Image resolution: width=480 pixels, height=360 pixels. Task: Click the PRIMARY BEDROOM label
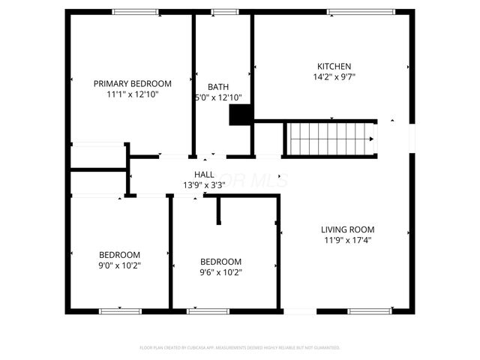point(132,83)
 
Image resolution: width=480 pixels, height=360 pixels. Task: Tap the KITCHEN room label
point(334,66)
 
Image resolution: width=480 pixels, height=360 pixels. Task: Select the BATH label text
point(218,87)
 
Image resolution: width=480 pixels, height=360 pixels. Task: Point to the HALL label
point(205,174)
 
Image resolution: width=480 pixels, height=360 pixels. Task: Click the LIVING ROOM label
point(347,229)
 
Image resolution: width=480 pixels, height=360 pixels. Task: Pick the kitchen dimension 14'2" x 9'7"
point(334,76)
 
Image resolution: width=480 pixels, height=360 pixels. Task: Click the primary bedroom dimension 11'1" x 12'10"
point(132,94)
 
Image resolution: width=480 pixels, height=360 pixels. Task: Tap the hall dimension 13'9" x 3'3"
point(205,184)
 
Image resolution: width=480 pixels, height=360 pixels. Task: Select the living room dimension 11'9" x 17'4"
point(347,240)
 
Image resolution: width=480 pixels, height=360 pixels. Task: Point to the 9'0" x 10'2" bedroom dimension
point(120,265)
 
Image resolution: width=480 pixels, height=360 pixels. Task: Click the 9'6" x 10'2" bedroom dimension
point(220,272)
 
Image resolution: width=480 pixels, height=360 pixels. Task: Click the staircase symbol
point(331,138)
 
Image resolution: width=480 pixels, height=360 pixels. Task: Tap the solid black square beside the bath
point(239,114)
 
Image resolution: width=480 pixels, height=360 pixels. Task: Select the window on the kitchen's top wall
point(361,11)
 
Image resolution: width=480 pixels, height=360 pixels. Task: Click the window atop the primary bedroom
point(135,11)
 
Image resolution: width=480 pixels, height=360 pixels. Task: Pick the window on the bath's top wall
point(223,11)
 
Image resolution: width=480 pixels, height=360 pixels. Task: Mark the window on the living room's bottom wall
point(369,310)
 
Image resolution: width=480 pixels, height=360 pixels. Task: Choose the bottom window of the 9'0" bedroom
point(120,310)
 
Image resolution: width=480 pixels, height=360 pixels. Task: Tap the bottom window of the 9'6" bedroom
point(208,310)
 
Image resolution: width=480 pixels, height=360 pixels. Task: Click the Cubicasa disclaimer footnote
point(240,348)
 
